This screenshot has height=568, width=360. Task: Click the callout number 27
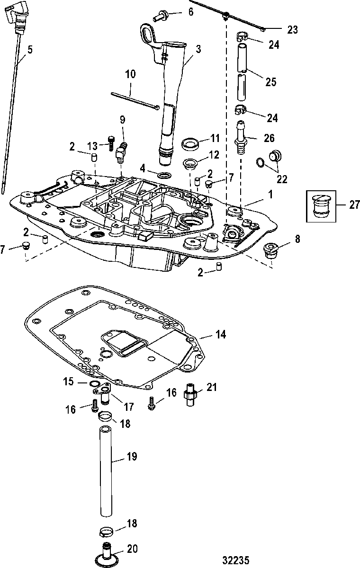coord(354,204)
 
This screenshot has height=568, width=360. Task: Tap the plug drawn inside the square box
coord(321,206)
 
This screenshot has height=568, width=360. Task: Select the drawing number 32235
coord(236,560)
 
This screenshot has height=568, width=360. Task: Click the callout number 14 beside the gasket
coord(221,335)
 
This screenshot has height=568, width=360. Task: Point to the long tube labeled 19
coord(106,471)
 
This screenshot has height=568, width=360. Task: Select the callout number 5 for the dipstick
coord(30,50)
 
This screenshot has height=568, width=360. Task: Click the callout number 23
coord(293,30)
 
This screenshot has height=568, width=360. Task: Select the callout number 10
coord(130,74)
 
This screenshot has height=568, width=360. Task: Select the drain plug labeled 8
coord(270,250)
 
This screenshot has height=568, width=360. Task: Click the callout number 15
coord(68,382)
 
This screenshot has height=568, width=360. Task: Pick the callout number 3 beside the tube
coord(198,49)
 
